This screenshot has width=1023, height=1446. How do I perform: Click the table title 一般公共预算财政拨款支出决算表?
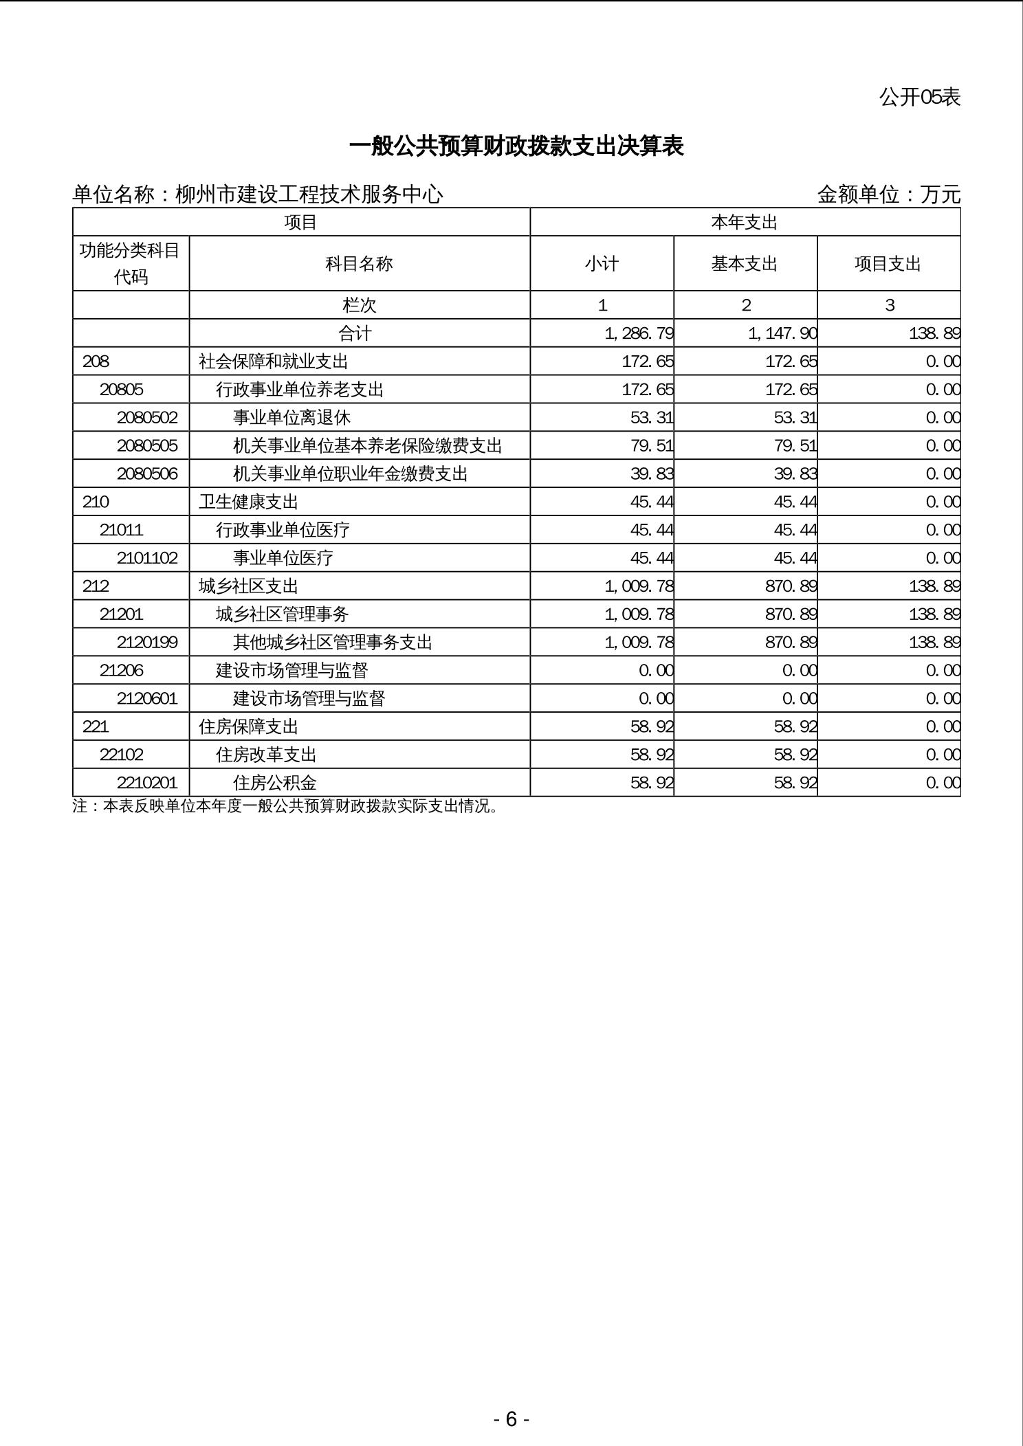tap(516, 146)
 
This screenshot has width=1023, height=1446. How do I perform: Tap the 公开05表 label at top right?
tap(919, 98)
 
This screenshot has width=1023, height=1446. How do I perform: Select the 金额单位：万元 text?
tap(888, 194)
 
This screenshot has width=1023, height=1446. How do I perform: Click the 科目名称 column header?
tap(359, 264)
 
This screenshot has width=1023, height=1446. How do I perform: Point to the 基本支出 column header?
tap(745, 264)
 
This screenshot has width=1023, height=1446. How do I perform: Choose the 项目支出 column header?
tap(888, 264)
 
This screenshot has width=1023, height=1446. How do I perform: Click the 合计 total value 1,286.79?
tap(639, 333)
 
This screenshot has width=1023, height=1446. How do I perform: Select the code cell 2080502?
tap(147, 418)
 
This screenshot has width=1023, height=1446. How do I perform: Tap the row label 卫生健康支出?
tap(248, 502)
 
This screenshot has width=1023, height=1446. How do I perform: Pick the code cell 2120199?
tap(147, 643)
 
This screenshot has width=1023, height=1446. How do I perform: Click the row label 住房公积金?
tap(275, 783)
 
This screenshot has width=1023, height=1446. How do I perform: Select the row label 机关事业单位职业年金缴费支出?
tap(351, 474)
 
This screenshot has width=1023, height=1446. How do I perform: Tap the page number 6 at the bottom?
tap(511, 1419)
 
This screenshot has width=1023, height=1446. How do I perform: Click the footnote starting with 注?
tap(285, 806)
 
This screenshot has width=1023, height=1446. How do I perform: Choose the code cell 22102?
tap(122, 755)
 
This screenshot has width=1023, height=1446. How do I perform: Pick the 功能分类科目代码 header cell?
tap(130, 264)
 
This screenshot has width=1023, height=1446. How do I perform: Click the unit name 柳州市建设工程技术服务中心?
tap(309, 194)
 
